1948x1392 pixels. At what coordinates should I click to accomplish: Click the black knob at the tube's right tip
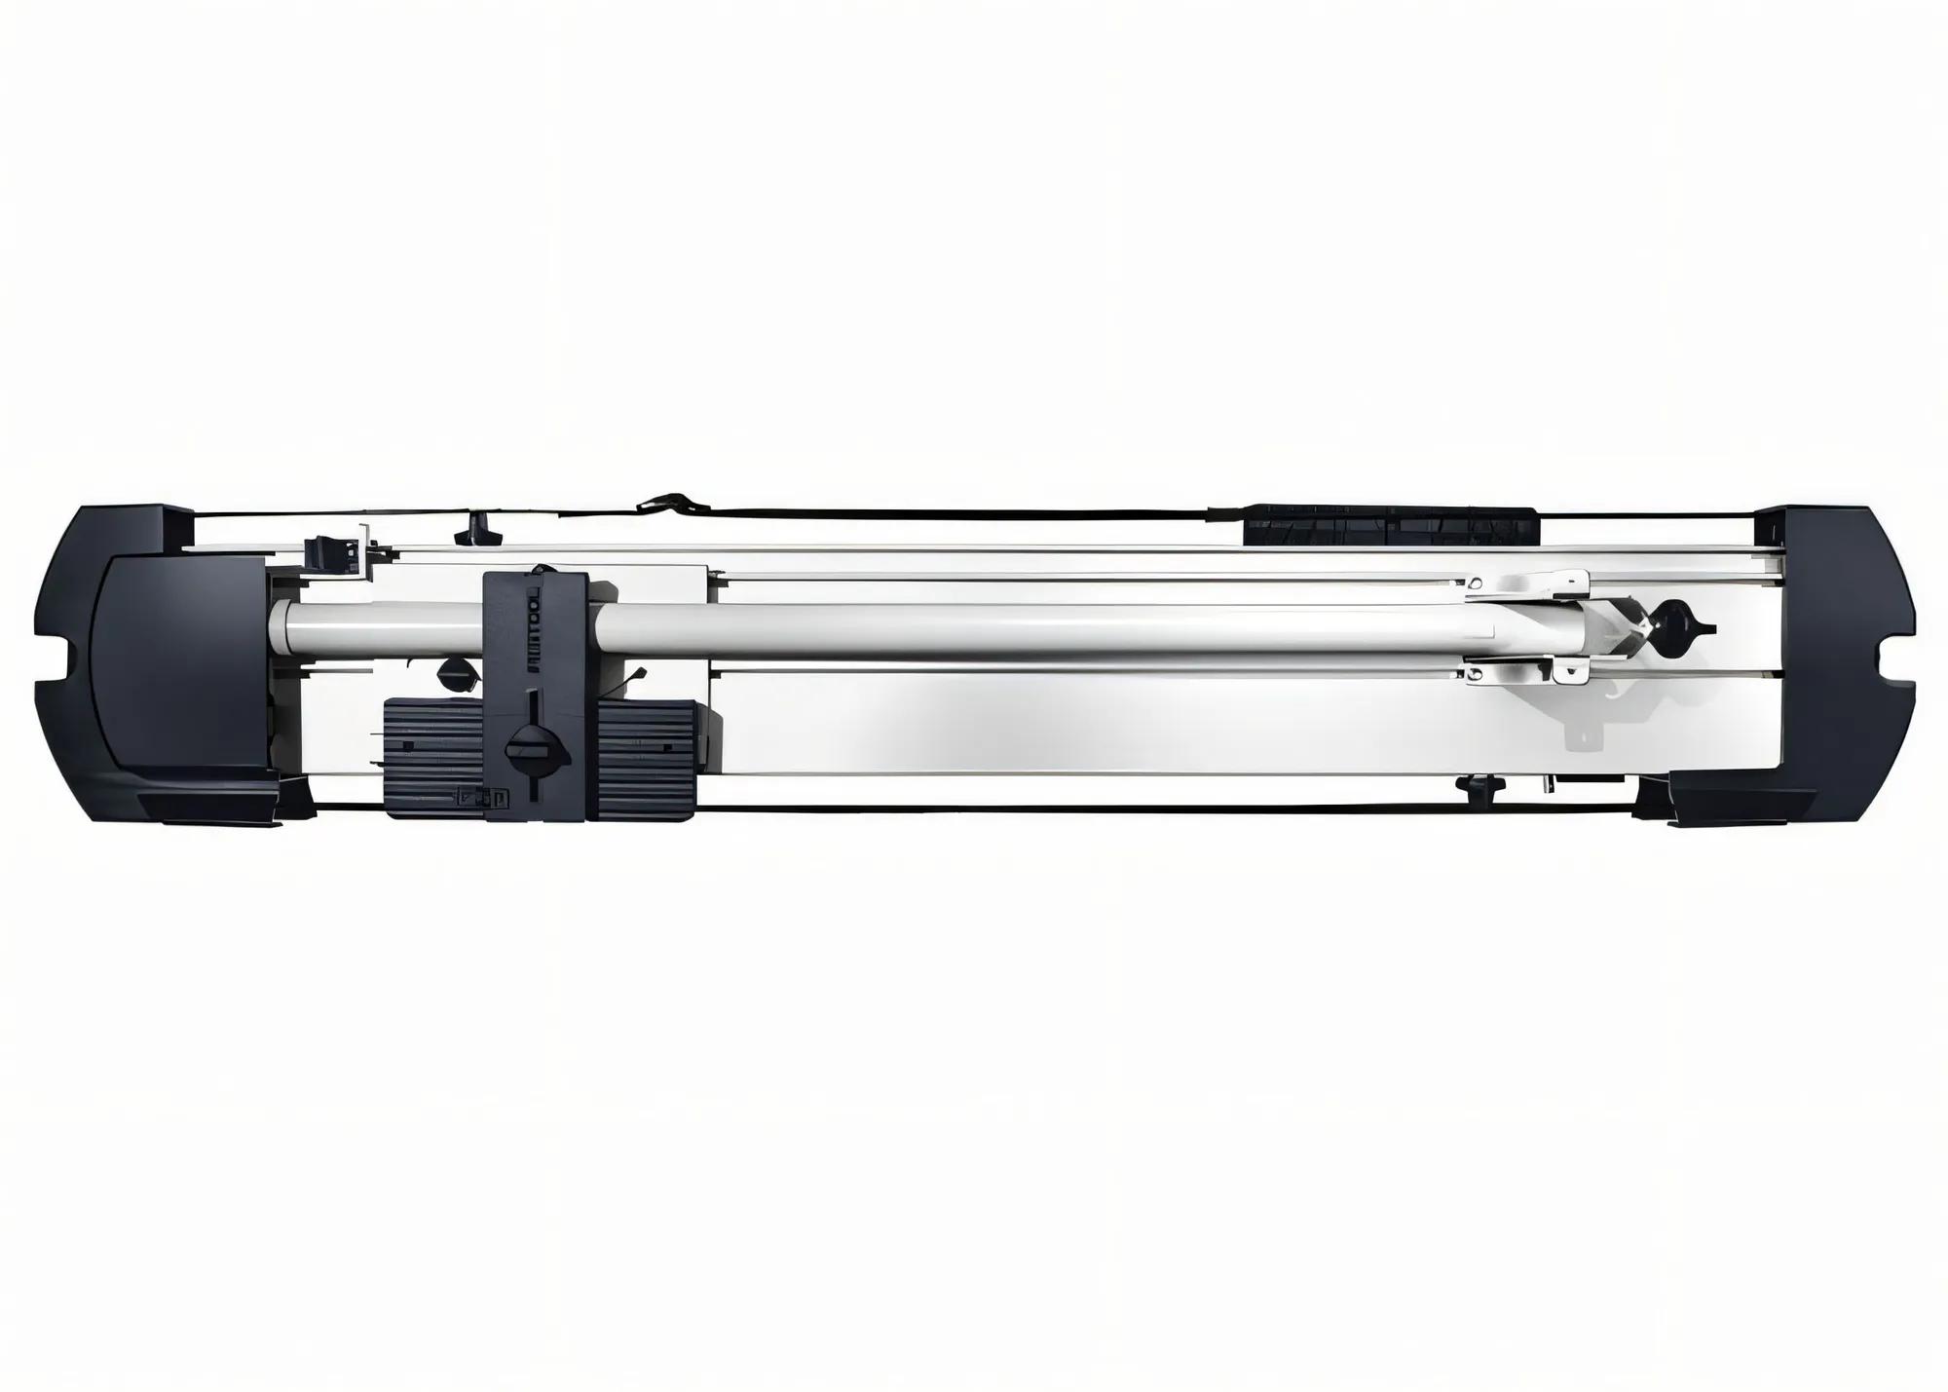click(1671, 616)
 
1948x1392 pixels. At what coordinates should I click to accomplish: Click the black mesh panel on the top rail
click(1390, 527)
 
